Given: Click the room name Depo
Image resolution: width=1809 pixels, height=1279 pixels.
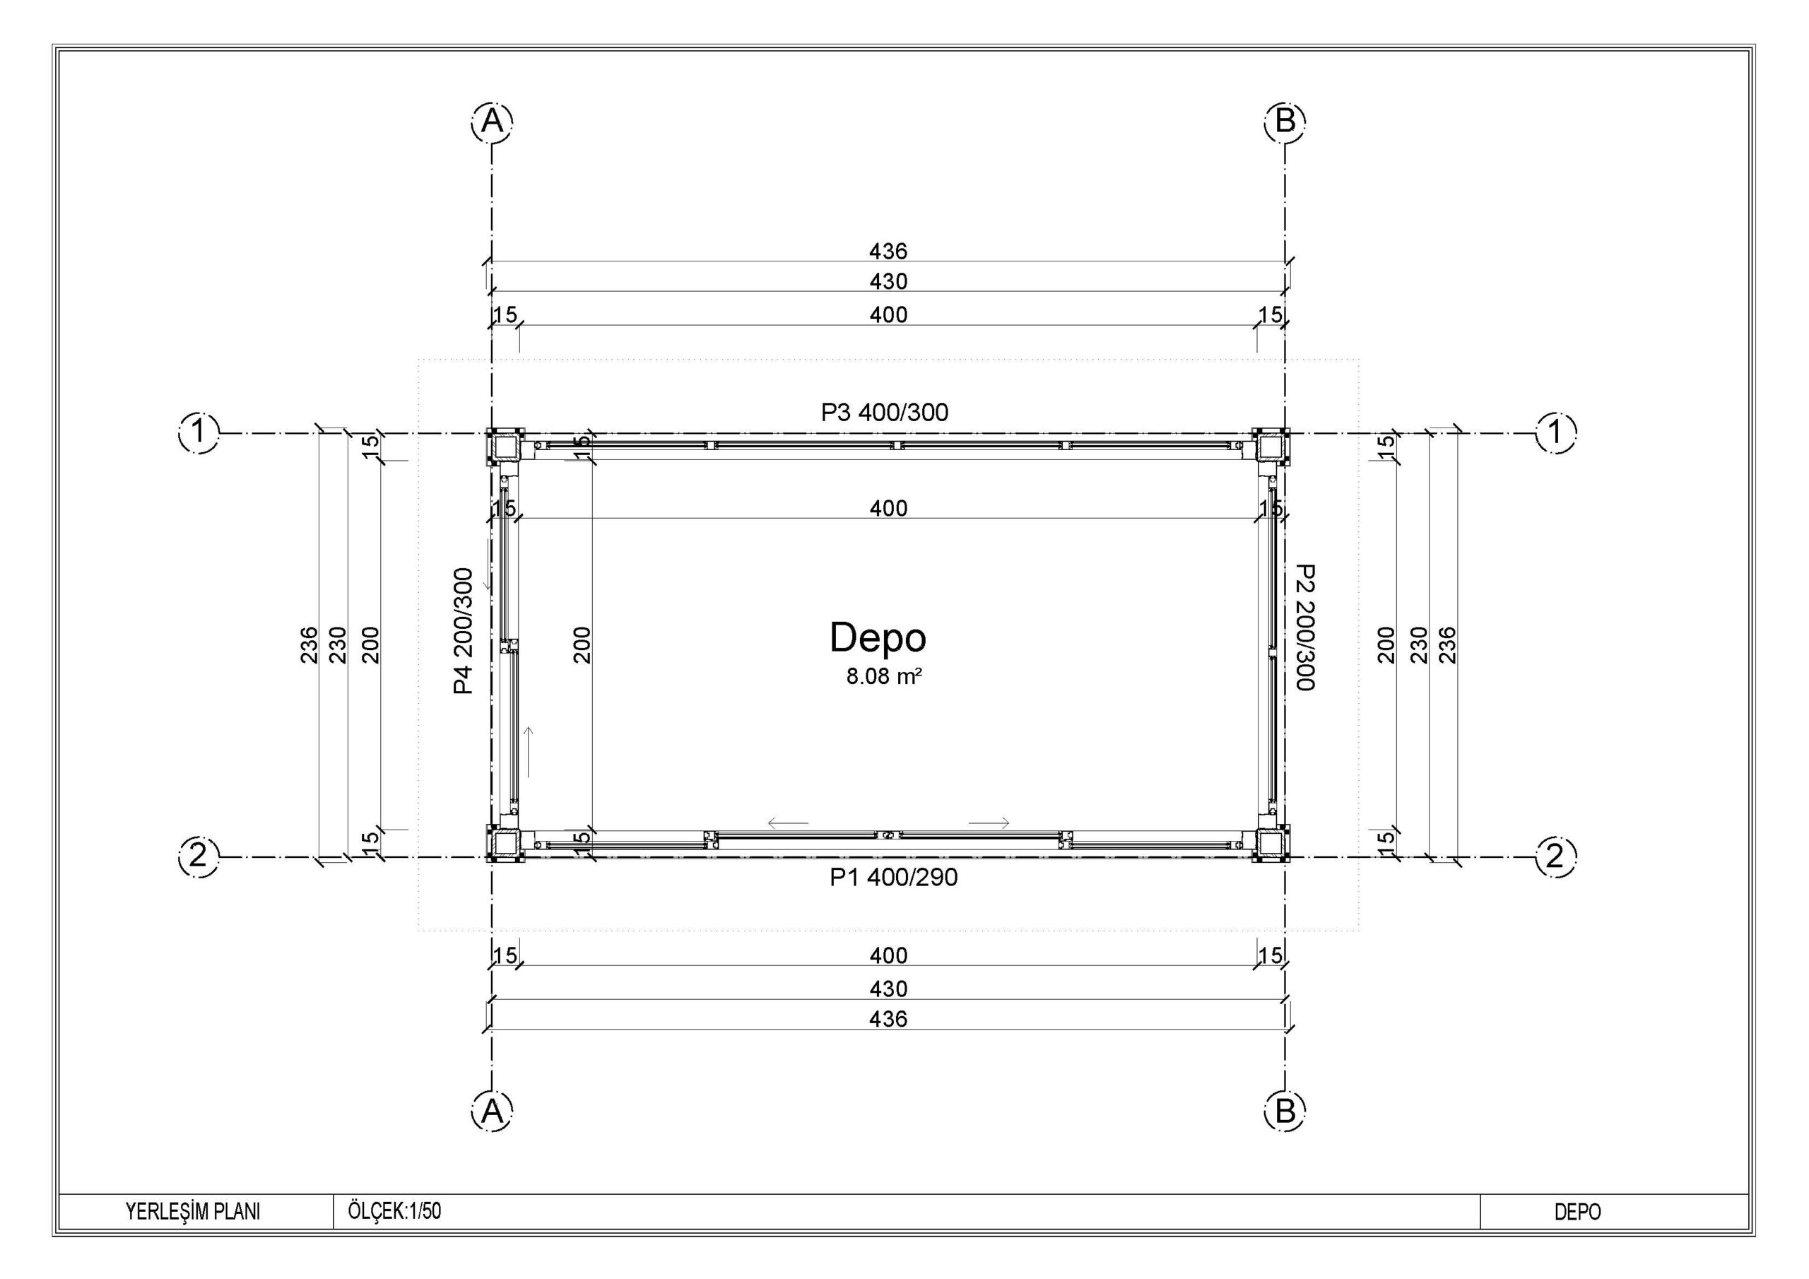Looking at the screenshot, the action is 878,637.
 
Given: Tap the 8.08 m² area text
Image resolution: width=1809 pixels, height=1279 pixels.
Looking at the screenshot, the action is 884,676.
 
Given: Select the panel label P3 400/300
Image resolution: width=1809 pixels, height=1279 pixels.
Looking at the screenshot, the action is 885,412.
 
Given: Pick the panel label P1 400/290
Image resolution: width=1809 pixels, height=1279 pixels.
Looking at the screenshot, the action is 893,877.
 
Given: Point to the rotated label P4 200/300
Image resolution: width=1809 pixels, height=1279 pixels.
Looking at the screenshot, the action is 464,630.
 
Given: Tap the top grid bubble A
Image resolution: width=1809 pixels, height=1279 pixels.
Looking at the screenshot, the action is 493,122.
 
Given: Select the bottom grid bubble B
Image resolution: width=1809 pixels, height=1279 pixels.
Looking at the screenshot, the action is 1285,1111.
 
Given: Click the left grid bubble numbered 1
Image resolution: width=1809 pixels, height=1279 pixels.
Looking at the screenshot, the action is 200,432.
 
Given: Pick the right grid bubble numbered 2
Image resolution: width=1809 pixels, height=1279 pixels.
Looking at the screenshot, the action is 1555,856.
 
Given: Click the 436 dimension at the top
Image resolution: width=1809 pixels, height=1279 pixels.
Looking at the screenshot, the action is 888,252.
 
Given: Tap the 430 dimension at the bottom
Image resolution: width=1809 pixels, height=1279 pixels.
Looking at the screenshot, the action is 888,988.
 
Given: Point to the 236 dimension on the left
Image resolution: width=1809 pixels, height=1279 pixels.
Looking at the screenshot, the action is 309,644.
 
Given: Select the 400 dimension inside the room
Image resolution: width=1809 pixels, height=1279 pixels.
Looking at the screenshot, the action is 888,508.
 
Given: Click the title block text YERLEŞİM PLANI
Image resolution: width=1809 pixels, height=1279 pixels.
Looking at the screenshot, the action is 193,1211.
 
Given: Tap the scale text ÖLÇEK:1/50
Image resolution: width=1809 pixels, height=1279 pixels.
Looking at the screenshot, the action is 395,1210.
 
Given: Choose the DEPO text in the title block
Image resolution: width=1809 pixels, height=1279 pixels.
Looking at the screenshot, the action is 1577,1212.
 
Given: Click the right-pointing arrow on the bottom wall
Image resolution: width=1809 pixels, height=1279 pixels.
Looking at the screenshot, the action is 989,823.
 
